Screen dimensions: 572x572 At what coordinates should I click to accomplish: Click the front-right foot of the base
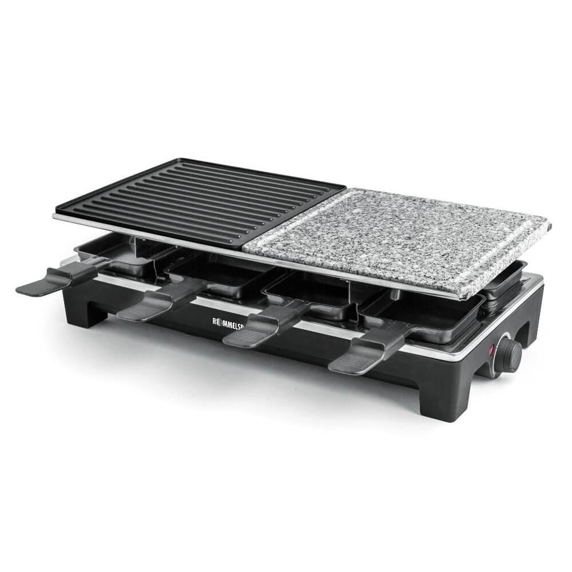tap(440, 403)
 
